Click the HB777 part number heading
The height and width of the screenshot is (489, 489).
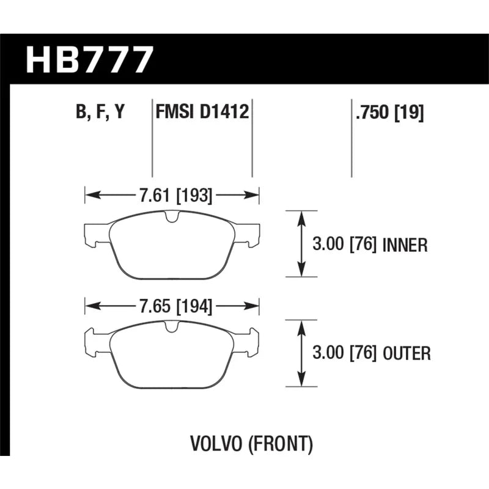(90, 60)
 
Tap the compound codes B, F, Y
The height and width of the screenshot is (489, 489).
(100, 111)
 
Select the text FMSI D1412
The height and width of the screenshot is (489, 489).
(202, 111)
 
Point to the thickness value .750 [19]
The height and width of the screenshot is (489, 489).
(389, 112)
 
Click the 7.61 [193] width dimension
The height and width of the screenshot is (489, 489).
(175, 195)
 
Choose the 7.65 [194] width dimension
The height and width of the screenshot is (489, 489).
(175, 306)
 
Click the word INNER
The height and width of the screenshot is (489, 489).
(405, 245)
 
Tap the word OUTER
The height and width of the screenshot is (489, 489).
(406, 354)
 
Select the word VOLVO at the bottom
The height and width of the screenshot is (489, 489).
(216, 444)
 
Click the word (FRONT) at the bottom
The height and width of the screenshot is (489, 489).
(281, 444)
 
